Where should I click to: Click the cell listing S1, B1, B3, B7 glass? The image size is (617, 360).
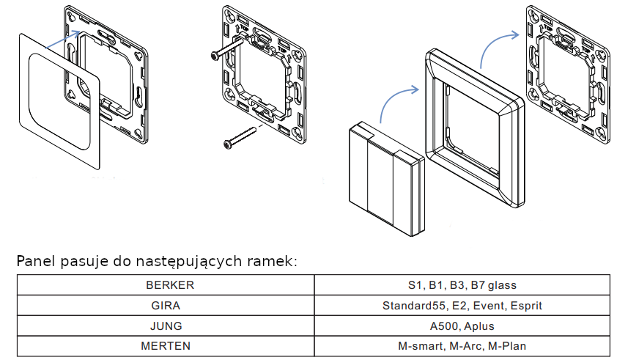[x=462, y=284]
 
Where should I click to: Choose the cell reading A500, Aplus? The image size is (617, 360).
[x=462, y=326]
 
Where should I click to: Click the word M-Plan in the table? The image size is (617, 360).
[x=507, y=346]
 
